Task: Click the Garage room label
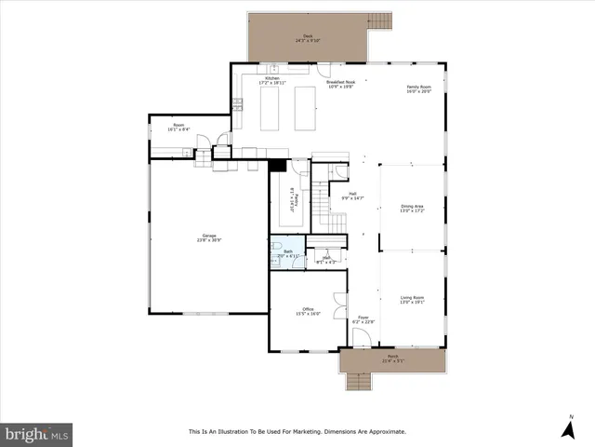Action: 208,237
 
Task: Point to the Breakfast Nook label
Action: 341,83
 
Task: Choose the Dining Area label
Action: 412,208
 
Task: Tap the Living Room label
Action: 412,299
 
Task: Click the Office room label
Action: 308,311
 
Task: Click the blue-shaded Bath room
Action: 287,251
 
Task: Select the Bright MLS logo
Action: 37,434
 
